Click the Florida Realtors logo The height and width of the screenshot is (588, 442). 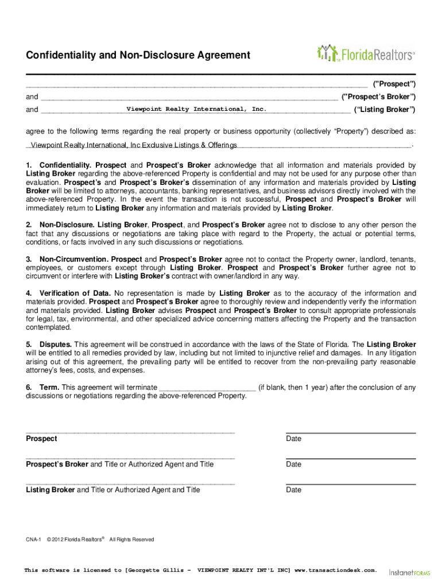[365, 54]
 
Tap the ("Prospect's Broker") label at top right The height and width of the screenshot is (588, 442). [378, 96]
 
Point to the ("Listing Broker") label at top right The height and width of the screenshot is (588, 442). [385, 109]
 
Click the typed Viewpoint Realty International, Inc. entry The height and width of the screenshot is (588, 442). [196, 109]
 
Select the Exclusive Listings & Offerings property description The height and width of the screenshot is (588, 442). [134, 144]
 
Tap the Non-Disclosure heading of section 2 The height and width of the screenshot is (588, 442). [67, 225]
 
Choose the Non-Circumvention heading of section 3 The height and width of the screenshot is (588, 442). [73, 260]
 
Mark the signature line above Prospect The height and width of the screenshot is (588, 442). [130, 432]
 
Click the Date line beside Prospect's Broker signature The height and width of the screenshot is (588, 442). [351, 458]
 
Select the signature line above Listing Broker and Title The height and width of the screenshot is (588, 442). [130, 483]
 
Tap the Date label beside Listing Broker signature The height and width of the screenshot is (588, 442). [293, 490]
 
